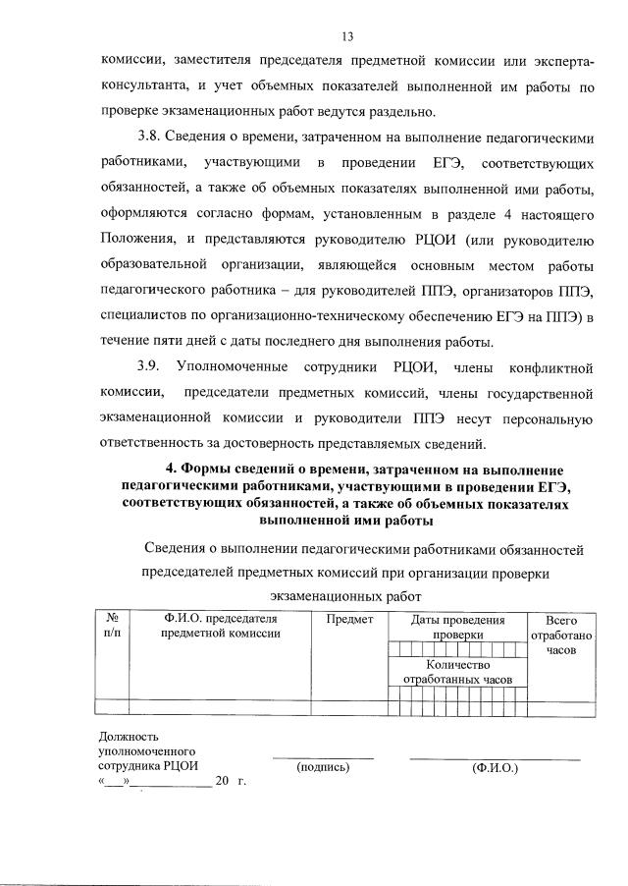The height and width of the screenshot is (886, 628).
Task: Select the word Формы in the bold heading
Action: point(213,470)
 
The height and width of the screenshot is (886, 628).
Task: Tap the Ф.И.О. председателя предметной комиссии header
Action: point(221,627)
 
